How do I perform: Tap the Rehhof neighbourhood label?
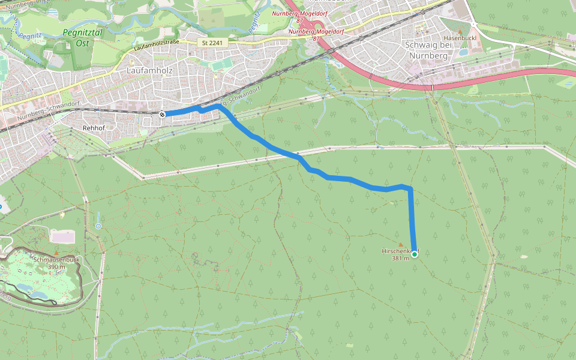coord(93,128)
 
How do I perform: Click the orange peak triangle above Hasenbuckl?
coord(460,31)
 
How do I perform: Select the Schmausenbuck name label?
coord(57,260)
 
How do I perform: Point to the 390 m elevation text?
coord(56,267)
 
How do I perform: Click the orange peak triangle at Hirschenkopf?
coord(401,244)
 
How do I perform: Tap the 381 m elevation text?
coord(400,259)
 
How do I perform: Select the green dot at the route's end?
coord(414,254)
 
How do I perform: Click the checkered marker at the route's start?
coord(162,114)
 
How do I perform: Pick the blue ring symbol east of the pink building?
coord(98,226)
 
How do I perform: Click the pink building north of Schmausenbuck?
coord(62,236)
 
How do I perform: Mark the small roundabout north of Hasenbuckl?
coord(472,25)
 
